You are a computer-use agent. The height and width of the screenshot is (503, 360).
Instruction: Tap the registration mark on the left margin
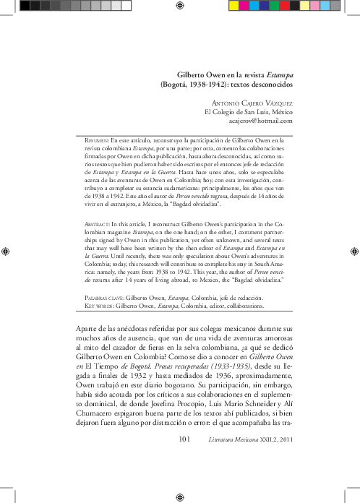[7, 251]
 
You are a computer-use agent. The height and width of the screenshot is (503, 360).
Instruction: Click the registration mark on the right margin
[353, 251]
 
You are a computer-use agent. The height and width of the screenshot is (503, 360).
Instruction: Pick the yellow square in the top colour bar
[232, 5]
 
